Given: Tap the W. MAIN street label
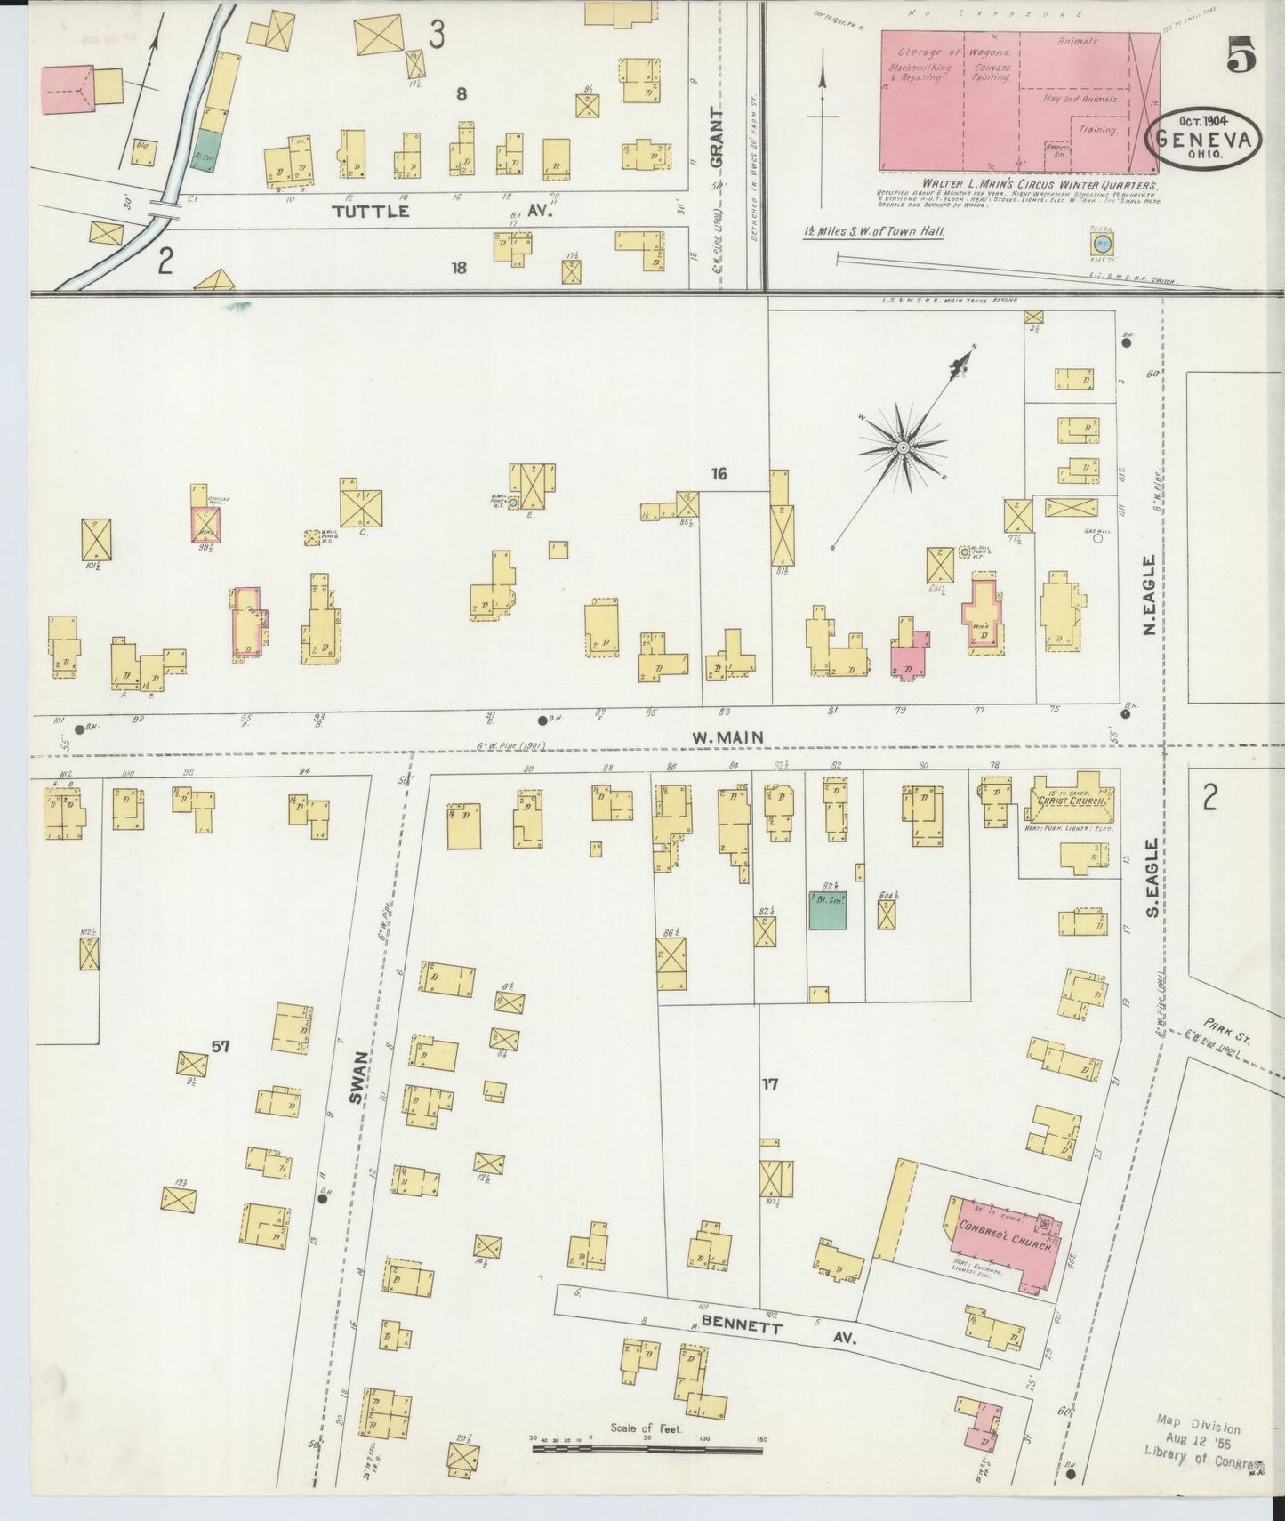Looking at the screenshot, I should pos(729,736).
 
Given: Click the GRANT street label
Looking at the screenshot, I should pos(719,139).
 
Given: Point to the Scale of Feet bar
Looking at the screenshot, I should pos(647,1449).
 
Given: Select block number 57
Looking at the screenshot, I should pos(220,1047).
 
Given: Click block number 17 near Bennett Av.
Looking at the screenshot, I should pos(770,1084).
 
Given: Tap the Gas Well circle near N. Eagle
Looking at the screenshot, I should pos(1097,537).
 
